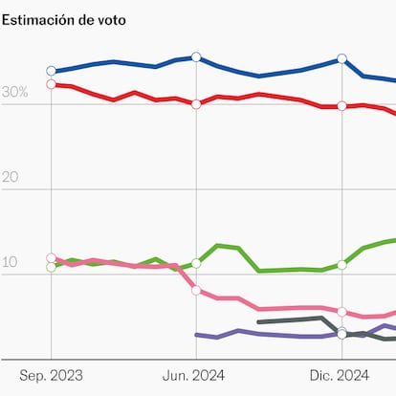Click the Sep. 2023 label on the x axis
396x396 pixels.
coord(51,376)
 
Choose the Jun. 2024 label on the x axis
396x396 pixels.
coord(196,376)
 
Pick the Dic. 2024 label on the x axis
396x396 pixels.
coord(341,376)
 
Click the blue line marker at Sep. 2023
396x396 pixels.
coord(51,71)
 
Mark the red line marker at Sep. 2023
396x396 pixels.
coord(51,84)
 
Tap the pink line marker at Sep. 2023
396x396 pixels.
coord(51,258)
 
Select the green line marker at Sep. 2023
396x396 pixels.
coord(51,267)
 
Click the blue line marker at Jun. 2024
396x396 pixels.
coord(196,57)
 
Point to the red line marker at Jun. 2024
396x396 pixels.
coord(196,103)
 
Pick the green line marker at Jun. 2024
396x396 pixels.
coord(196,263)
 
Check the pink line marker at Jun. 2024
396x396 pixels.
coord(196,290)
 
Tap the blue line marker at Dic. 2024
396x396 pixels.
coord(341,59)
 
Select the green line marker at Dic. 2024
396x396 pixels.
coord(341,264)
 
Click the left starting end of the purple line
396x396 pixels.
coord(196,335)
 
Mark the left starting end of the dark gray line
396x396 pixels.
coord(259,322)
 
